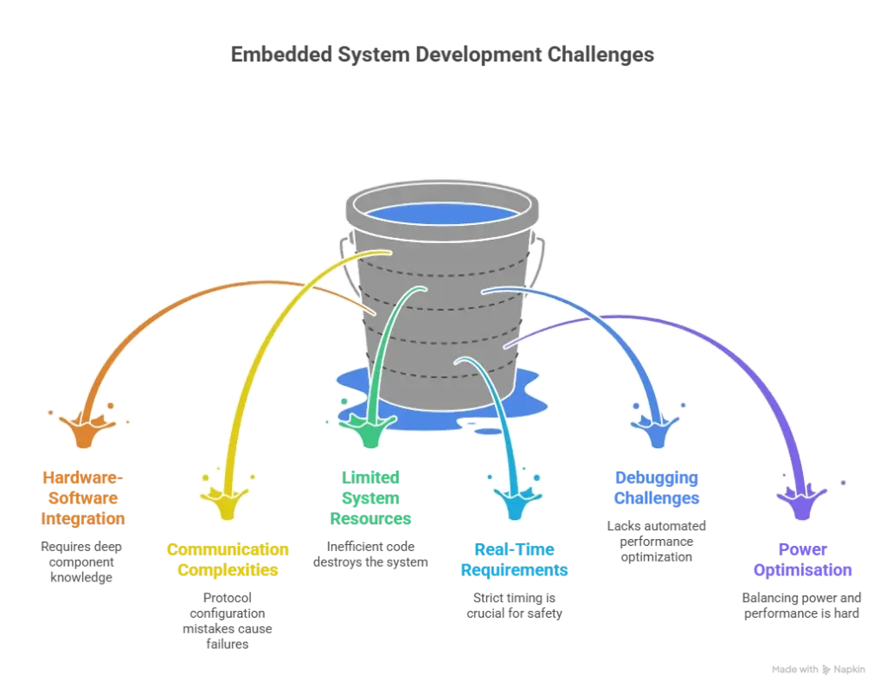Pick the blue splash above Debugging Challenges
pyautogui.click(x=658, y=427)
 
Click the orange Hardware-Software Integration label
pyautogui.click(x=84, y=498)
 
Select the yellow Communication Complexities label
pyautogui.click(x=227, y=560)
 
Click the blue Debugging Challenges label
pyautogui.click(x=658, y=488)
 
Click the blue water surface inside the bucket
pyautogui.click(x=442, y=213)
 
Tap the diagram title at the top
pyautogui.click(x=443, y=54)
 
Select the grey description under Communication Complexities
pyautogui.click(x=227, y=619)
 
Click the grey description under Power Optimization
pyautogui.click(x=802, y=606)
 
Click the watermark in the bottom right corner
pyautogui.click(x=819, y=671)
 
